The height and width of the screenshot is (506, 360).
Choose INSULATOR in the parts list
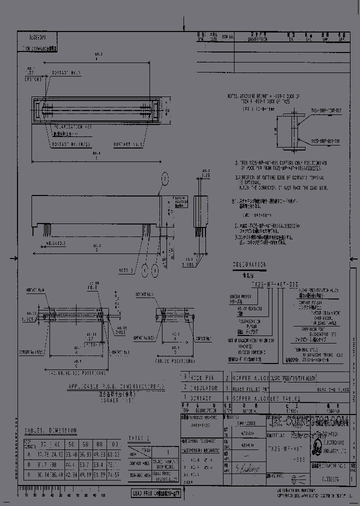click(x=202, y=387)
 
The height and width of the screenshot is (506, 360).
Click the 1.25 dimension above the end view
click(x=205, y=176)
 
